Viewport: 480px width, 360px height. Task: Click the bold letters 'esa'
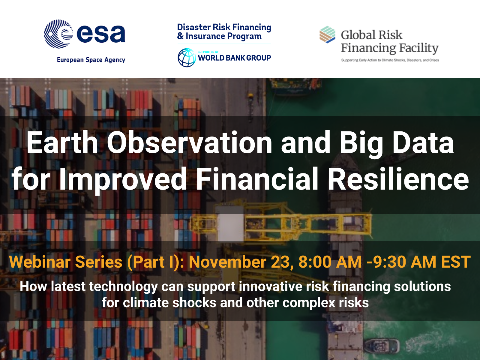tap(101, 34)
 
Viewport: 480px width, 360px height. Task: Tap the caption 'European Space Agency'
tap(91, 60)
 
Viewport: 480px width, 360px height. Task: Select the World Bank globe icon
tap(187, 58)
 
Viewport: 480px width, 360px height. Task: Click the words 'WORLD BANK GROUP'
tap(234, 58)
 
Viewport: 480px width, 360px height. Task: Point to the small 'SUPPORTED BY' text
tap(208, 52)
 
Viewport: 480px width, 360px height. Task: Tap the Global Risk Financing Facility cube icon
tap(327, 34)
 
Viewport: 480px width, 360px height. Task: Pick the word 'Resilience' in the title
tap(398, 178)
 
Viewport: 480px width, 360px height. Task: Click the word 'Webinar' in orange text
tap(40, 262)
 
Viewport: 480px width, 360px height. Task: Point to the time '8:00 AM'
tap(330, 262)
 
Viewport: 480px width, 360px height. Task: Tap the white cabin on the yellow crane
tap(230, 227)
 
